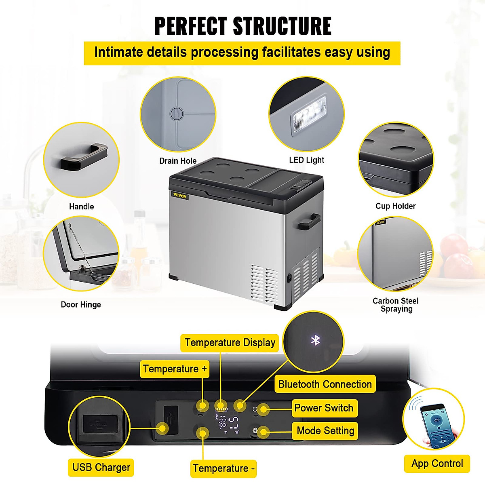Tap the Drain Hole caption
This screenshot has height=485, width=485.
click(178, 161)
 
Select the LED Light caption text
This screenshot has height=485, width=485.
click(306, 160)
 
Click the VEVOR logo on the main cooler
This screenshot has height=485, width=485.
click(179, 196)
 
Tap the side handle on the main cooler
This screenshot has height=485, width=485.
click(309, 221)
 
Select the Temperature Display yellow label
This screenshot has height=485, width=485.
click(230, 343)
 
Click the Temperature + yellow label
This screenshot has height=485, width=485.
click(175, 369)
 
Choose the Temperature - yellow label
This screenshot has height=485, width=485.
click(224, 468)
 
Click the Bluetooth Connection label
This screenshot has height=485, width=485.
click(325, 384)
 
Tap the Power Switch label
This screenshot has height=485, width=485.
click(324, 408)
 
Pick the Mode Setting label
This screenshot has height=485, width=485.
click(325, 430)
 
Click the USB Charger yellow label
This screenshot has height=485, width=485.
click(101, 467)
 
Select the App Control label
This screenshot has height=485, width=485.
click(437, 464)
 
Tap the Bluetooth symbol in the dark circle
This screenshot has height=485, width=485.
click(315, 340)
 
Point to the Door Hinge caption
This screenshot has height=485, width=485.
click(81, 304)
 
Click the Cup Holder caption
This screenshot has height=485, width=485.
click(395, 206)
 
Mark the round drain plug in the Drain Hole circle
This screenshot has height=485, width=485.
click(177, 114)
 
